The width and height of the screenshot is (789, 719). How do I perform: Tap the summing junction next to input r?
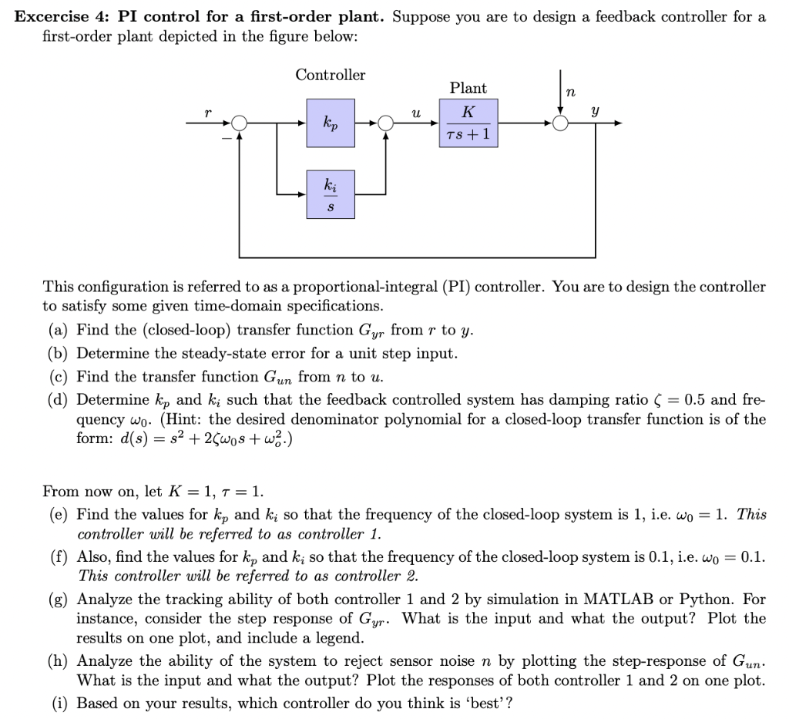[240, 123]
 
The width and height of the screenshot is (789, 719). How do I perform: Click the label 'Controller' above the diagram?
[331, 76]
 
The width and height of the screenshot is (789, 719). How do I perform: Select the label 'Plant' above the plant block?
[468, 89]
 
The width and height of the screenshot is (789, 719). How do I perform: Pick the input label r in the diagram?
[207, 113]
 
